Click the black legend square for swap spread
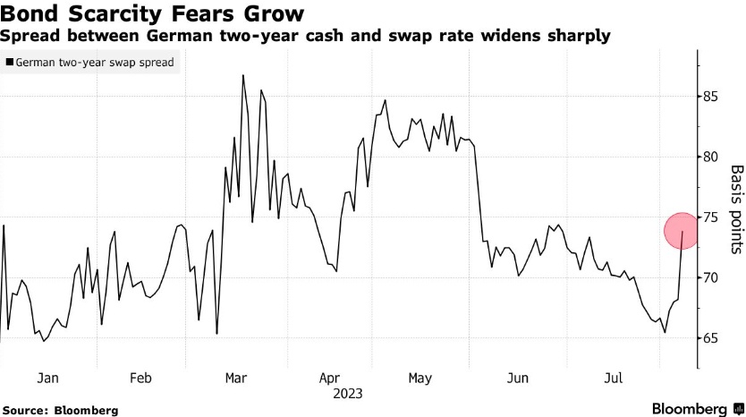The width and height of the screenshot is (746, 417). point(10,64)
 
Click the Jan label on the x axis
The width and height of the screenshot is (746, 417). point(47,379)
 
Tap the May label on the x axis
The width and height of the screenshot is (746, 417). point(420,379)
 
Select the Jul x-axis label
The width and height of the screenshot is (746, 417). point(614,379)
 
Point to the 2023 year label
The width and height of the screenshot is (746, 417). point(347,394)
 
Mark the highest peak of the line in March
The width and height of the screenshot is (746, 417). point(242,76)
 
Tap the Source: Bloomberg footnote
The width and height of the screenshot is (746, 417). point(60,410)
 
